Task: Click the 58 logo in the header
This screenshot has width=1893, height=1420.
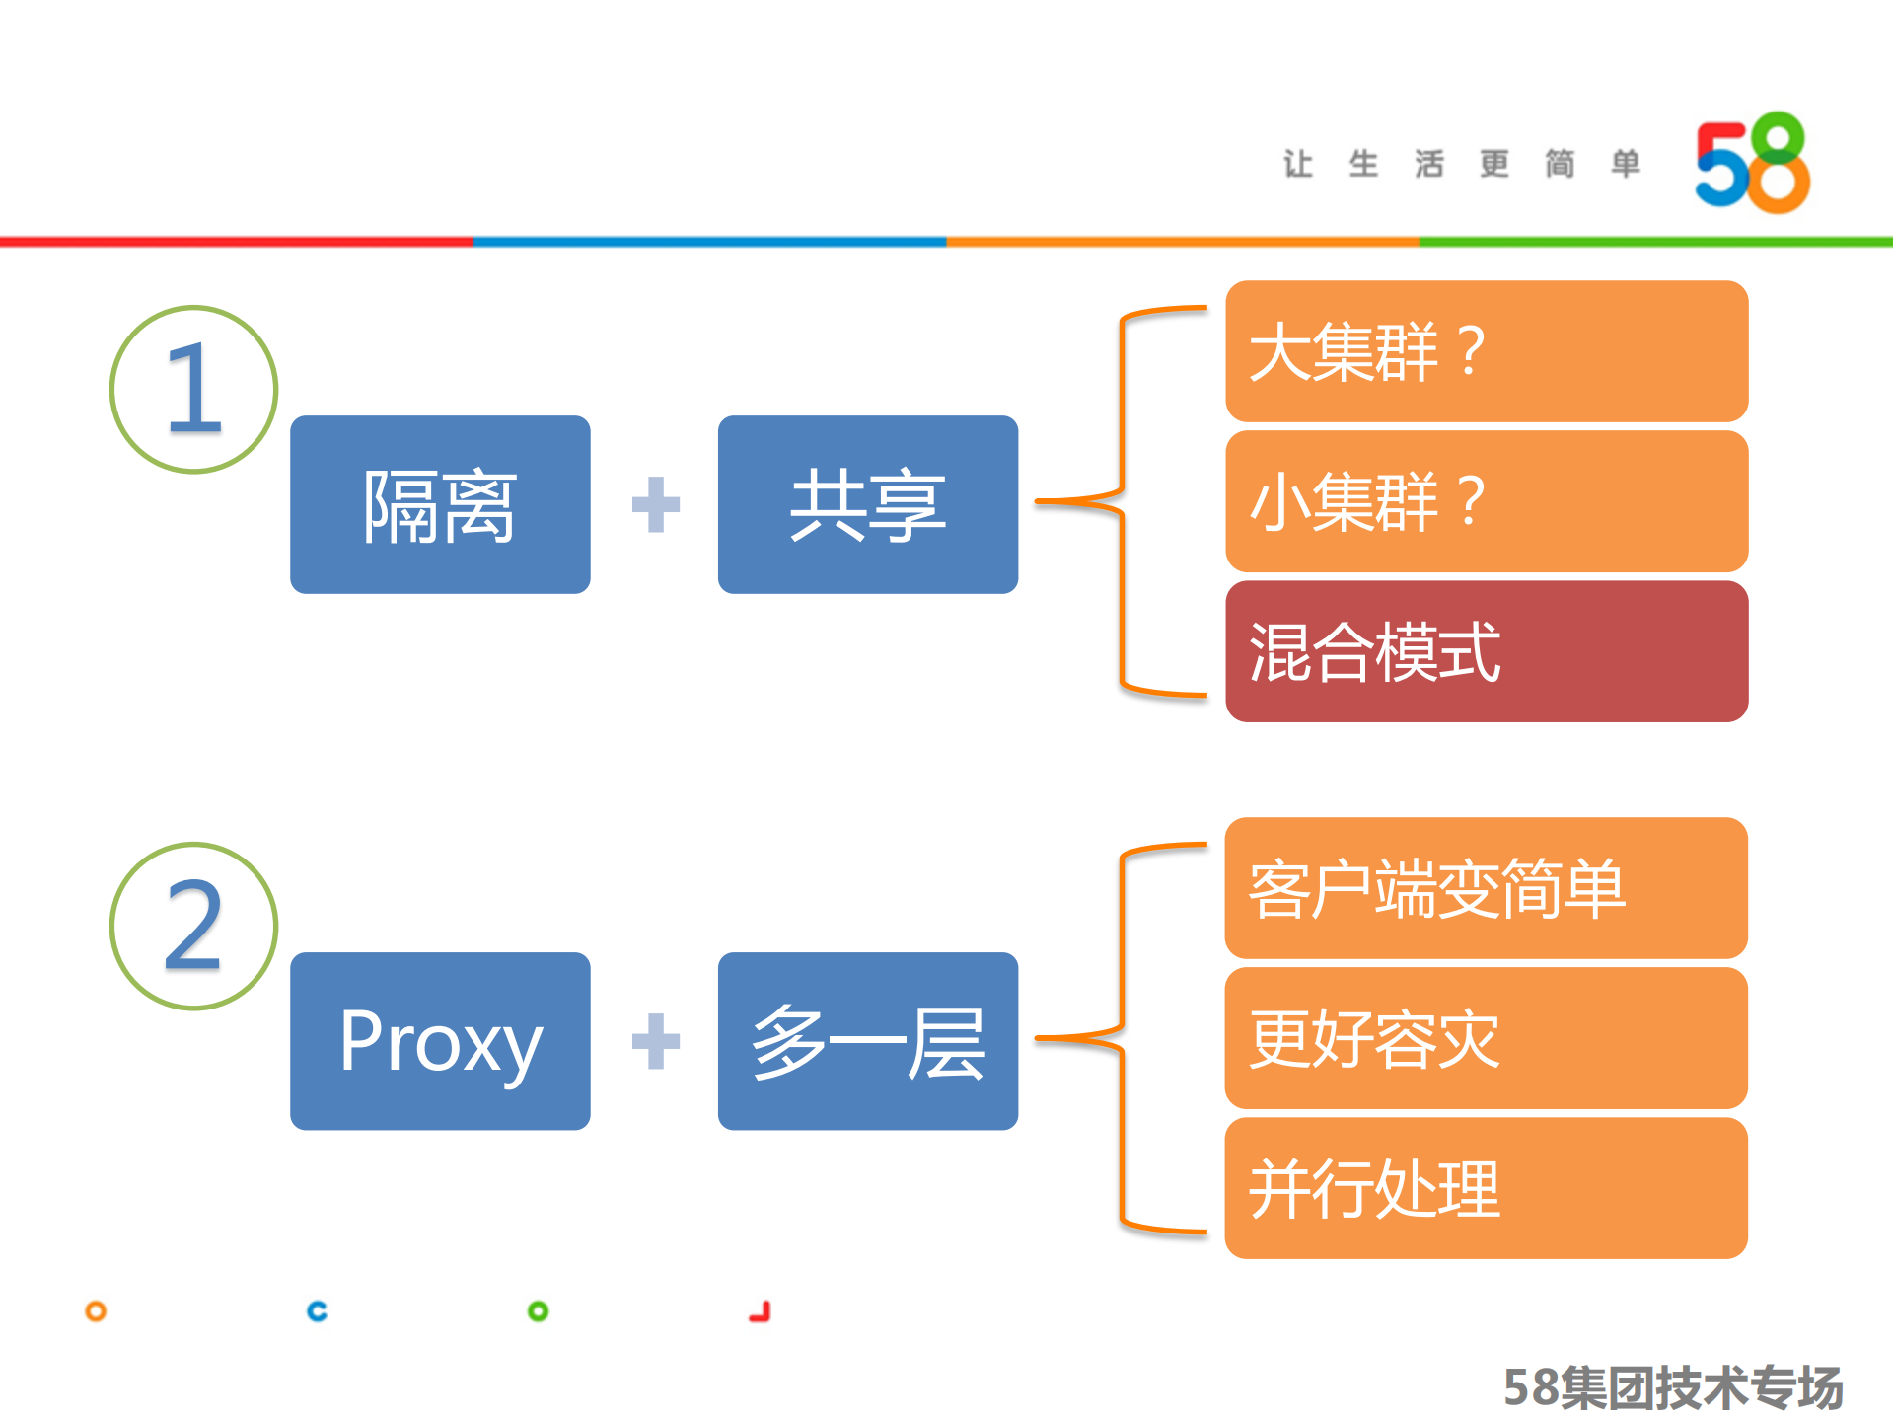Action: point(1752,164)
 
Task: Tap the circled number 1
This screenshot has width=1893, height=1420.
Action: point(193,390)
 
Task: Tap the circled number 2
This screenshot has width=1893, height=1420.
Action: point(193,926)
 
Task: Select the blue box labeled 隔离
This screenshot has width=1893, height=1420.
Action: point(440,504)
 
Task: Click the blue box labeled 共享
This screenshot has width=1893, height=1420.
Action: point(867,504)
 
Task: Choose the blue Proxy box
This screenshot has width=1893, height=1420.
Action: point(440,1041)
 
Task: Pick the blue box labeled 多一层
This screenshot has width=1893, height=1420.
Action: point(867,1041)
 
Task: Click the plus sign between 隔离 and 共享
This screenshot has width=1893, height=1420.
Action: point(655,504)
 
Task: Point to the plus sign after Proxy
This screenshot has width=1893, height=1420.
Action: point(655,1041)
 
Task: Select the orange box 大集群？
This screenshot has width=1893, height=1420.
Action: point(1486,351)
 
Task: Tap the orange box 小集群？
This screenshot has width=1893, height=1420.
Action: point(1486,501)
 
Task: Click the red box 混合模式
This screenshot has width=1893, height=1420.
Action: point(1486,651)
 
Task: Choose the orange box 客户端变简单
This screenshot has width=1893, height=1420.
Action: point(1486,888)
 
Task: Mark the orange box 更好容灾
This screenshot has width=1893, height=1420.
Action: point(1486,1038)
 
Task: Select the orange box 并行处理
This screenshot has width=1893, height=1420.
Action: point(1486,1188)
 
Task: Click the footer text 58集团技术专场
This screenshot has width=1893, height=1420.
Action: point(1672,1387)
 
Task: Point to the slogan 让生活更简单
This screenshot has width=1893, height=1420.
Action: point(1461,164)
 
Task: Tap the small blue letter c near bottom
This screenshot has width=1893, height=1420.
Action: point(317,1311)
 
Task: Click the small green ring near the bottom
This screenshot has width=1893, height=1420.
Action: point(538,1311)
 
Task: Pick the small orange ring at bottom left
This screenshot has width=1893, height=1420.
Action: point(96,1311)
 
